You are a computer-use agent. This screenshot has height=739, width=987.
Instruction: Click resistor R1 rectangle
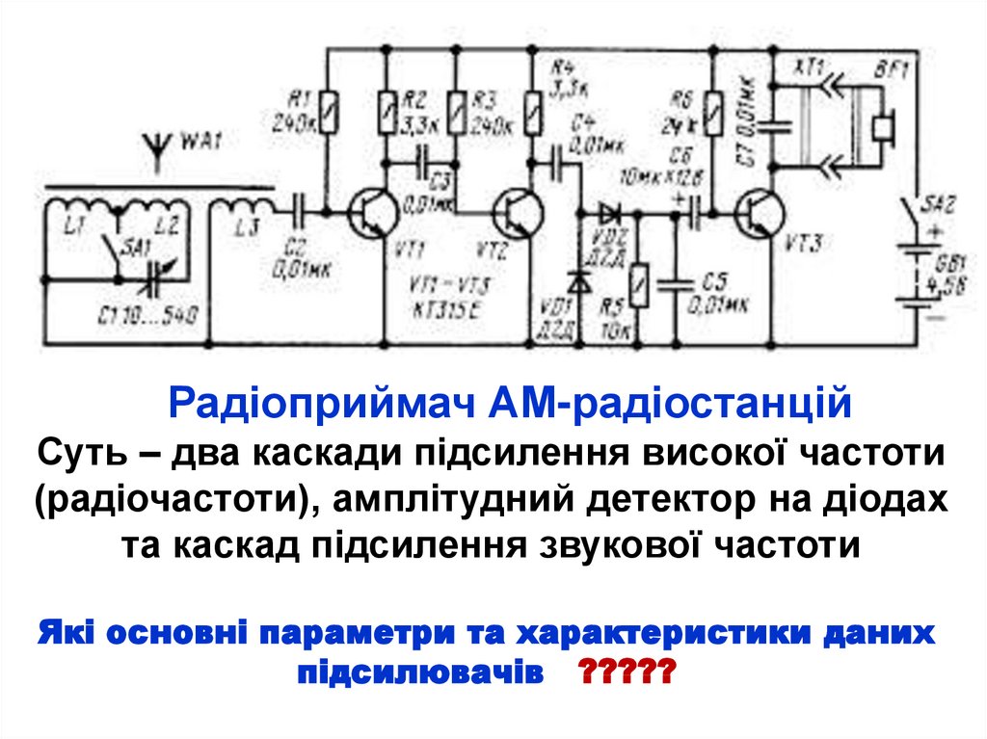pyautogui.click(x=330, y=112)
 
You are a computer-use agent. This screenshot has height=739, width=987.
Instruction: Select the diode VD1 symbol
pyautogui.click(x=578, y=281)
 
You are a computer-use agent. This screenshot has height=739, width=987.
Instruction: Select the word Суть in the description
pyautogui.click(x=80, y=450)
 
